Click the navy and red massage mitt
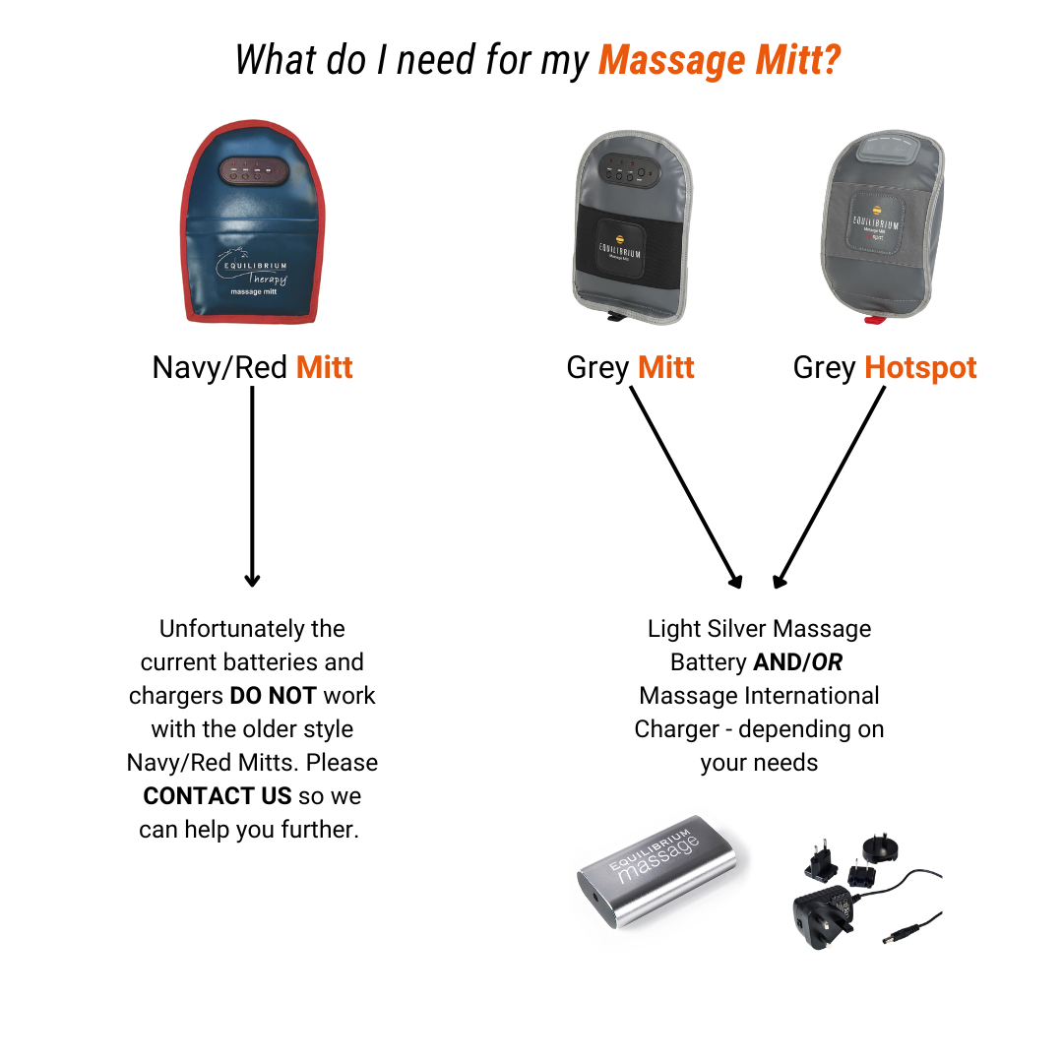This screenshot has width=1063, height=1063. click(x=253, y=221)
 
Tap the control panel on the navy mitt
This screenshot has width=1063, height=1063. click(x=254, y=171)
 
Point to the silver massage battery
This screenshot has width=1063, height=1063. click(x=657, y=871)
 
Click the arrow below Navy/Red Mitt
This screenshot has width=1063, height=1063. click(x=252, y=486)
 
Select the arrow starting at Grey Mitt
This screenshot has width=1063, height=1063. click(x=686, y=487)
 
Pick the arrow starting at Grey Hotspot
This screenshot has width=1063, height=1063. click(x=829, y=487)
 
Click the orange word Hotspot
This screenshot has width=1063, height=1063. click(x=920, y=367)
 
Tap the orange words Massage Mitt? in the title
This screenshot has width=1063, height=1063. click(x=719, y=60)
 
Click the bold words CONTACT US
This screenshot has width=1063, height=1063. click(x=217, y=796)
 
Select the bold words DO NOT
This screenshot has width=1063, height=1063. click(x=274, y=696)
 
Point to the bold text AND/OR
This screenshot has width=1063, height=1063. click(x=798, y=662)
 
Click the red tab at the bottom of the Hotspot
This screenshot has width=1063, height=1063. click(x=874, y=319)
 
